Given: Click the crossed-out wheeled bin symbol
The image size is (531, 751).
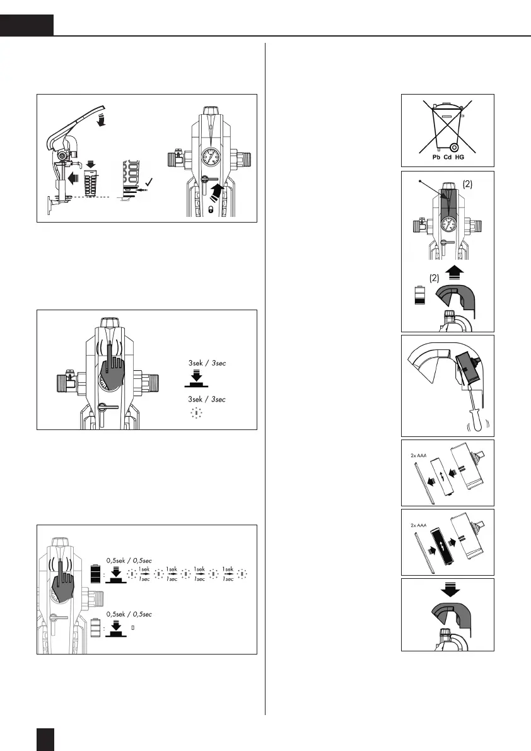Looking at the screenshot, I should point(447,126).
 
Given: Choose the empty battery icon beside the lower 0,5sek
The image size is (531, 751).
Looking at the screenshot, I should point(95,629).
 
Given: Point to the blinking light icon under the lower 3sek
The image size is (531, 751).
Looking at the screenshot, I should point(195,414).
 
